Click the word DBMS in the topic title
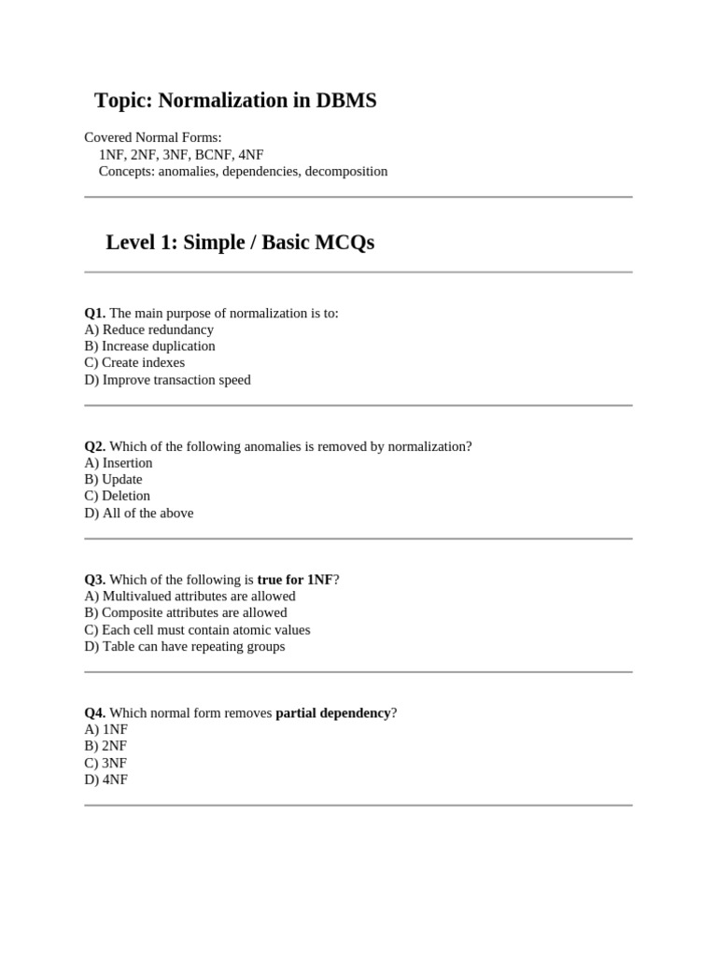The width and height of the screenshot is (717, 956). tap(345, 101)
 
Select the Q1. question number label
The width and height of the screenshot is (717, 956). tap(94, 313)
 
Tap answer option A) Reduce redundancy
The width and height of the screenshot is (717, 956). tap(148, 330)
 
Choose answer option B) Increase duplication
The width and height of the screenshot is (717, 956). tap(149, 346)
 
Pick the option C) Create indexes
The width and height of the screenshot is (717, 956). tap(134, 363)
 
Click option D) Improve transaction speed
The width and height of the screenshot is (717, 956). tap(167, 380)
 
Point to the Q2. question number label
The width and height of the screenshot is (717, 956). tap(94, 446)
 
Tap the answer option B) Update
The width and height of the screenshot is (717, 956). tap(113, 480)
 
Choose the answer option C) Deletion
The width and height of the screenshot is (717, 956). tap(117, 496)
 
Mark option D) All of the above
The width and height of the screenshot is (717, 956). tap(139, 513)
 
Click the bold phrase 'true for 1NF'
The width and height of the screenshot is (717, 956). tap(295, 580)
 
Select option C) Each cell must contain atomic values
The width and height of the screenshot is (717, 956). tap(197, 629)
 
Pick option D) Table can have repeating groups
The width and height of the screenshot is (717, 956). tap(185, 646)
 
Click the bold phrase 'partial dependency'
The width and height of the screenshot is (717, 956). tap(333, 713)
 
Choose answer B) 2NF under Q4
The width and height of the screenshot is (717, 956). tap(105, 746)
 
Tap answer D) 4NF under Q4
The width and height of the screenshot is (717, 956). tap(105, 780)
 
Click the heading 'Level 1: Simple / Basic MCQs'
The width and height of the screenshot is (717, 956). tap(240, 243)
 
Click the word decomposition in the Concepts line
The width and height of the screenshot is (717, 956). tap(345, 171)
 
